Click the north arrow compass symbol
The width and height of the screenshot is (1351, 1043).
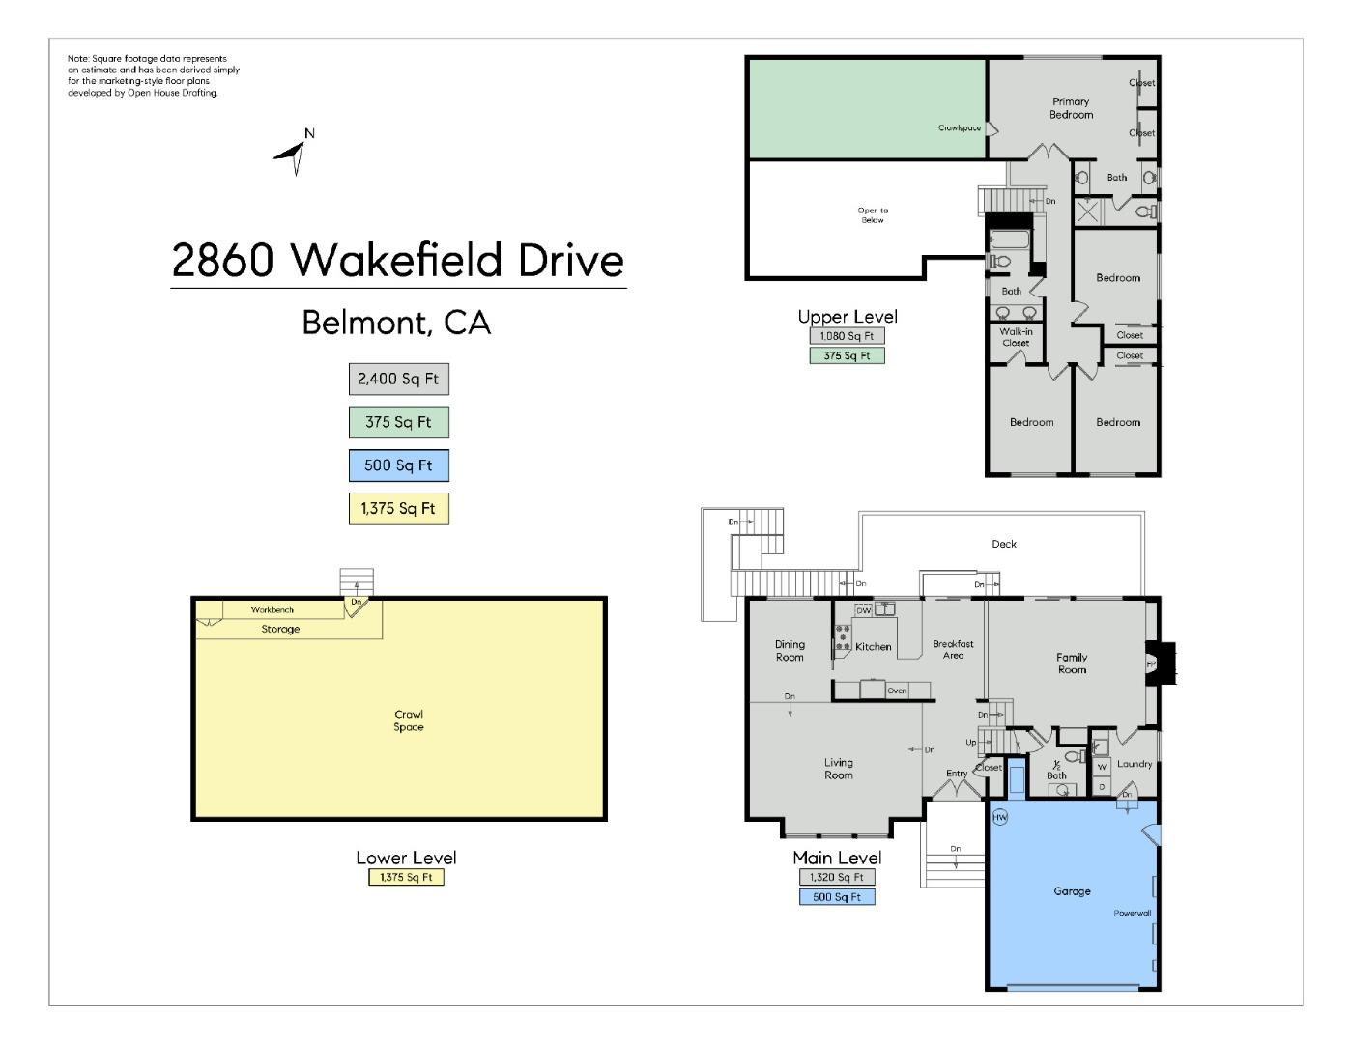tap(295, 154)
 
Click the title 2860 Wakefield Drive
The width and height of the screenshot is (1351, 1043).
tap(398, 260)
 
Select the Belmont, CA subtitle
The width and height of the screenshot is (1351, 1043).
tap(396, 323)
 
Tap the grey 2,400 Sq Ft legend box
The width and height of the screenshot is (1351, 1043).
tap(398, 380)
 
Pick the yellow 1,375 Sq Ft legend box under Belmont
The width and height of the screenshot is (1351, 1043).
tap(398, 509)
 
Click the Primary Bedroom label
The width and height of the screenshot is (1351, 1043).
tap(1071, 108)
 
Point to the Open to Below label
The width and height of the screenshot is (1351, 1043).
tap(873, 215)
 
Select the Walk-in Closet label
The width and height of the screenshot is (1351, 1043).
tap(1015, 337)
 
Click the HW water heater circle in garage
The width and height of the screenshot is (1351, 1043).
tap(1000, 817)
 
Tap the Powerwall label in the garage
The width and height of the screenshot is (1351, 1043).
tap(1132, 913)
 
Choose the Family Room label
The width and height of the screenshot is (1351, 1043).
tap(1072, 663)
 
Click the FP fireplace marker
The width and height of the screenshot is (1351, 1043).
tap(1150, 664)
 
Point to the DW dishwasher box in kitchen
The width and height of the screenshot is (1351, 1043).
tap(864, 610)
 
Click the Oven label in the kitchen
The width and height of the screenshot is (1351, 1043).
tap(897, 691)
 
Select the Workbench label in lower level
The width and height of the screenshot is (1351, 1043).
tap(273, 610)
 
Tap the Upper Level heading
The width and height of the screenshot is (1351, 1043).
tap(847, 317)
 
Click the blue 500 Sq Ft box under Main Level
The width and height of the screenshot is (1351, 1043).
tap(837, 897)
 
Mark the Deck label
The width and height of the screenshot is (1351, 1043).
tap(1004, 544)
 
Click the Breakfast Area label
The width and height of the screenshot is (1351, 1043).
tap(953, 650)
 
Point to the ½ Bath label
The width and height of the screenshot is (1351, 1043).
tap(1056, 770)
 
